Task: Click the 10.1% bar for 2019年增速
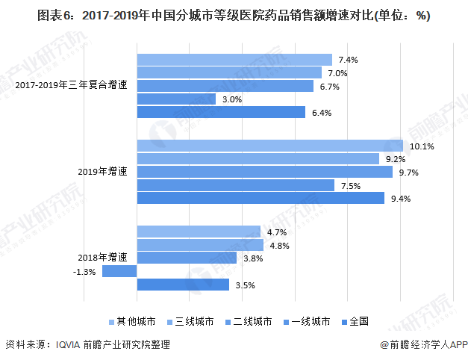coord(269,146)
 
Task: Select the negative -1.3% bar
coord(119,271)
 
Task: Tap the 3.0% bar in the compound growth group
coord(176,99)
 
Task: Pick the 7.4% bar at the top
coord(234,59)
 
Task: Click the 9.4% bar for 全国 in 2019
coord(260,199)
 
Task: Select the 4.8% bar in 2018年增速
coord(200,245)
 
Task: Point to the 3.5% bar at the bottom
coord(183,285)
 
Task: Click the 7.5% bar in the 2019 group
coord(236,185)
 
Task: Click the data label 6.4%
coord(322,113)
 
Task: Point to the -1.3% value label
coord(84,272)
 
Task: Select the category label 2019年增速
coord(102,172)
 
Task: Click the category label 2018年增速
coord(102,258)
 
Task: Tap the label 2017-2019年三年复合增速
coord(72,85)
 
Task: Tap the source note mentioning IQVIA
coord(89,345)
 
